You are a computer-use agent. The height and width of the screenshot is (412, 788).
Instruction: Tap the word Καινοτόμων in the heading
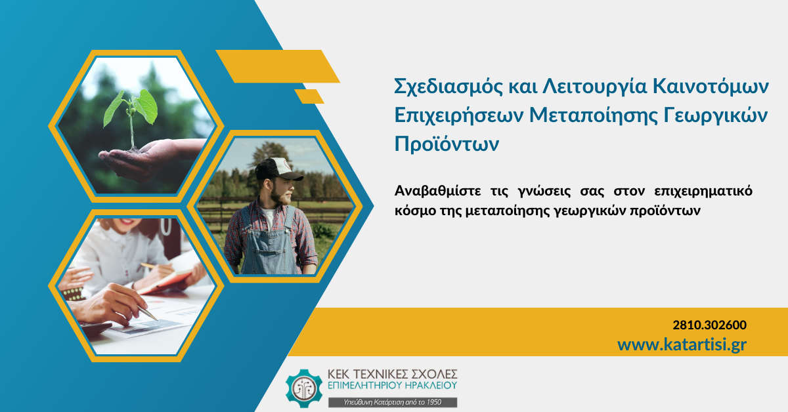[711, 86]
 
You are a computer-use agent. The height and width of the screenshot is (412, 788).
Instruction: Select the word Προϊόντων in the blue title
[447, 144]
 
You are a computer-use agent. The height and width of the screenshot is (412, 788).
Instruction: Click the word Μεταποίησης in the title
[594, 115]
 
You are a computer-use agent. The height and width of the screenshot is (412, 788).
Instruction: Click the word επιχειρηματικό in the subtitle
[703, 192]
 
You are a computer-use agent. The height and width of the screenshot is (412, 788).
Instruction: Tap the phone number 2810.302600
[710, 325]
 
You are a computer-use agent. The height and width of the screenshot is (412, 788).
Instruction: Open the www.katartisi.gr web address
[682, 345]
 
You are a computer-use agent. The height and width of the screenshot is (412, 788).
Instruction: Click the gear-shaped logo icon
[304, 388]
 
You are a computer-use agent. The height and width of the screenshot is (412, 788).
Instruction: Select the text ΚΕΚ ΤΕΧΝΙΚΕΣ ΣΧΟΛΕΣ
[392, 374]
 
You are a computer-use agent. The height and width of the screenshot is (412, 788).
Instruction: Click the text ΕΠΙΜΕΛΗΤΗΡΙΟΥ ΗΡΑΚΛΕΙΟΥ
[392, 385]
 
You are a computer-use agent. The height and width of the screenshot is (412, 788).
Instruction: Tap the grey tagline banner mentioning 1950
[393, 402]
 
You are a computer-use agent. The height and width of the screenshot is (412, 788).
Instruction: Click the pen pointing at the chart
[147, 312]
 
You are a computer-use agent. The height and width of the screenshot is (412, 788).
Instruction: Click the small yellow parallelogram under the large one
[309, 96]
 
